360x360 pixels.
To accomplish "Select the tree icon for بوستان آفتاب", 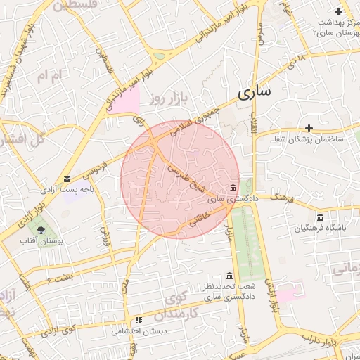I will tap(40, 229).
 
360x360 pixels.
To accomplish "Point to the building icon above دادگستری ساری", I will tap(233, 188).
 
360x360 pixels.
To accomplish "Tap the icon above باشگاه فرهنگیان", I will tap(320, 217).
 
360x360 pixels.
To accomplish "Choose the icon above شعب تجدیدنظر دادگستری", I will tap(229, 276).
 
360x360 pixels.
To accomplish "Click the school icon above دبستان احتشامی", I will tap(139, 319).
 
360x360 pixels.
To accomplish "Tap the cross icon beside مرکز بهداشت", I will tap(339, 11).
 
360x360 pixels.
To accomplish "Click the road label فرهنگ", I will tap(279, 193).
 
